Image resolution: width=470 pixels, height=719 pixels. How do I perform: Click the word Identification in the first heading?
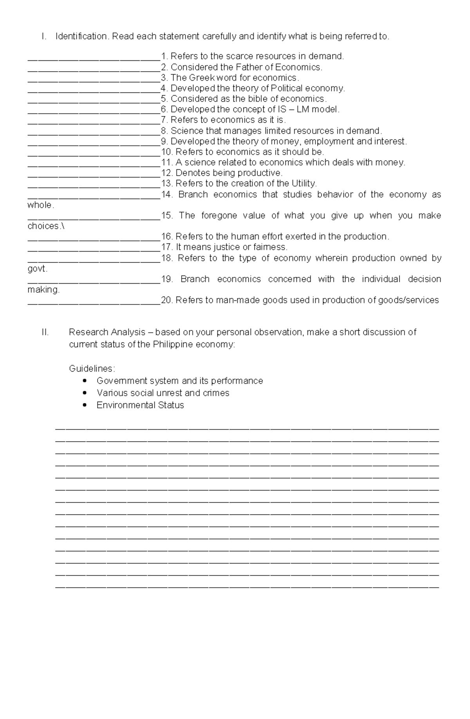click(82, 36)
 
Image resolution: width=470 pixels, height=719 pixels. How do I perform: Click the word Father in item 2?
click(248, 67)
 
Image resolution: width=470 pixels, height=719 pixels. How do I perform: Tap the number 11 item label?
click(166, 163)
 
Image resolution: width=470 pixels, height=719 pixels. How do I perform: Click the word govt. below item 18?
click(37, 269)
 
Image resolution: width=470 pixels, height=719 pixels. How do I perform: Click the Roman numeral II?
click(45, 332)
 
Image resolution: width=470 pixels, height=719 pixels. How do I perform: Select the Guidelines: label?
click(92, 369)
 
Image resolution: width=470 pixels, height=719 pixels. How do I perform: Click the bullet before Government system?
click(85, 381)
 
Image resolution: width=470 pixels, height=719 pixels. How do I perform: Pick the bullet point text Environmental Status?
click(140, 405)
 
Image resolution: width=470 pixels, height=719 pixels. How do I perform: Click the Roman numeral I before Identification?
click(44, 36)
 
